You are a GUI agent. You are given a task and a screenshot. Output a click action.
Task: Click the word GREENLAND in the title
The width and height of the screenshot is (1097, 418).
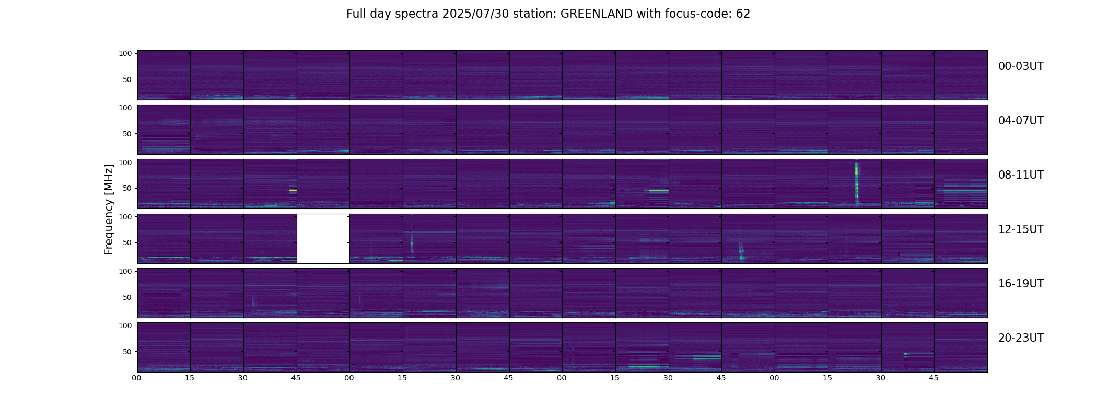click(x=597, y=14)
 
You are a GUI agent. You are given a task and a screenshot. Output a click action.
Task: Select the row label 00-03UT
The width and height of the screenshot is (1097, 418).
click(x=1021, y=66)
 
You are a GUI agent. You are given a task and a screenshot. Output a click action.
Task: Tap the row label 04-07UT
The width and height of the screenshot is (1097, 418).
click(x=1021, y=121)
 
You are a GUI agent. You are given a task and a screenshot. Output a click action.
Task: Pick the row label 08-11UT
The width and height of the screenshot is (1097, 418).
click(x=1021, y=175)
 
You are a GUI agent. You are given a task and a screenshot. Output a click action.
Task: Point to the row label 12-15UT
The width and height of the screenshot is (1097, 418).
click(x=1021, y=229)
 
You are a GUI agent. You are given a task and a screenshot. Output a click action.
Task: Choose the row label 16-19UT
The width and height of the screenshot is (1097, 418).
click(x=1021, y=284)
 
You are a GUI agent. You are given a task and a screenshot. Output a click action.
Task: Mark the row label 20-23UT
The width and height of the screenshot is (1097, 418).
click(x=1021, y=338)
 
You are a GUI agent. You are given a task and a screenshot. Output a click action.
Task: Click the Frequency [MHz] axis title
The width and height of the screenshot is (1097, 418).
click(x=109, y=209)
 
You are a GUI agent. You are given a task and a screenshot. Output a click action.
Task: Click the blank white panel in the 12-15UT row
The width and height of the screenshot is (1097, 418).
click(x=323, y=239)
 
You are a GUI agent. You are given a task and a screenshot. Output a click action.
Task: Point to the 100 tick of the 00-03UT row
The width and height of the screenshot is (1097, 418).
click(x=125, y=53)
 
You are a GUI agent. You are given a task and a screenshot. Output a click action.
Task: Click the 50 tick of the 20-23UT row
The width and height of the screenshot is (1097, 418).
click(x=127, y=352)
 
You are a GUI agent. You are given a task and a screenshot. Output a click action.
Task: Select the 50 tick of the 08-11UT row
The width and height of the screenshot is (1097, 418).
click(x=127, y=188)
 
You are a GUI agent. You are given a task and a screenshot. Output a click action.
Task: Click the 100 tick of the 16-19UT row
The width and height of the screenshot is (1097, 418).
click(x=125, y=271)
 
